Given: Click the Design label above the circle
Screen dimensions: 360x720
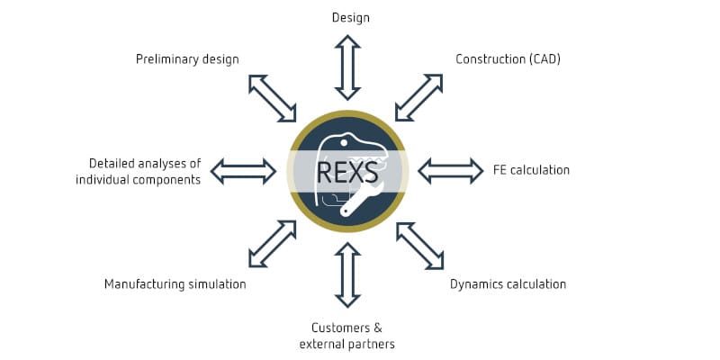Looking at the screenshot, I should click(x=350, y=17).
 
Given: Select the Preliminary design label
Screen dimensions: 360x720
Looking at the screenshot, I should click(x=187, y=59).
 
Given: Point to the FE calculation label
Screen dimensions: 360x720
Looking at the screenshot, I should click(x=531, y=169).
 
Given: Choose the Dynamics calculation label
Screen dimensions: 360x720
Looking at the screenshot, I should click(x=508, y=284).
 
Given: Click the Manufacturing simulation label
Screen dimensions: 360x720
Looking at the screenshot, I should click(x=175, y=284).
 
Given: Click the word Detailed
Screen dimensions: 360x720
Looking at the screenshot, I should click(x=112, y=163).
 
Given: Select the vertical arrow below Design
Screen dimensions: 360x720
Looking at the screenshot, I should click(x=348, y=67).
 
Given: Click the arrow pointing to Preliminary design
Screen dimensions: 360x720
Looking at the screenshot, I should click(x=271, y=97).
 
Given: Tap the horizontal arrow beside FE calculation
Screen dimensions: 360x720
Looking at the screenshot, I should click(x=451, y=169).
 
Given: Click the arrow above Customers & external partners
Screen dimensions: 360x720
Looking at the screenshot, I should click(x=347, y=274).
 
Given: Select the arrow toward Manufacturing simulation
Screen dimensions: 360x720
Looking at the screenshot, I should click(x=271, y=245).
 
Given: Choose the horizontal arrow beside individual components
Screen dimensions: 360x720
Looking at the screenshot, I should click(x=243, y=169).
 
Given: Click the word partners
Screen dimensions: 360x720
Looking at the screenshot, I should click(x=370, y=344).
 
